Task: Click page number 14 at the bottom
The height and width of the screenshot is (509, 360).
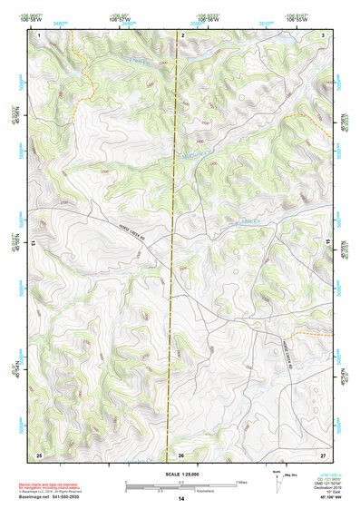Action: pyautogui.click(x=180, y=499)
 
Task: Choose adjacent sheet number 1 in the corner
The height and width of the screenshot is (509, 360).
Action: pyautogui.click(x=39, y=34)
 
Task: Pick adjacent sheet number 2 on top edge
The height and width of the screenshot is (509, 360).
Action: pyautogui.click(x=183, y=34)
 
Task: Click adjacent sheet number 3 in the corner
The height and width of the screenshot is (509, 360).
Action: pyautogui.click(x=323, y=34)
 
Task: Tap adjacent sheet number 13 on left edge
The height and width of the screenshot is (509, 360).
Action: pyautogui.click(x=34, y=244)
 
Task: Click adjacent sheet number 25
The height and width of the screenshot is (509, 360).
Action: pyautogui.click(x=39, y=454)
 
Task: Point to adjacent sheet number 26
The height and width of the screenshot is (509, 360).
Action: pyautogui.click(x=181, y=454)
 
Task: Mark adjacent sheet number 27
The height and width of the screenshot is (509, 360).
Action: pyautogui.click(x=322, y=454)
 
